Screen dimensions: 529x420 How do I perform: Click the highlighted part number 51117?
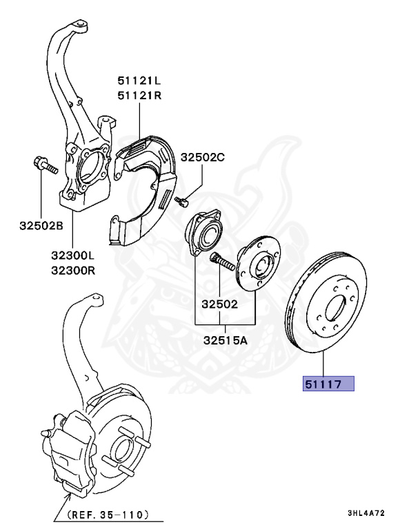pos(325,384)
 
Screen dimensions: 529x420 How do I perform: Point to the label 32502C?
pos(203,158)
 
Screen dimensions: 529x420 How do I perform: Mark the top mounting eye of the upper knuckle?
pos(81,27)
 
